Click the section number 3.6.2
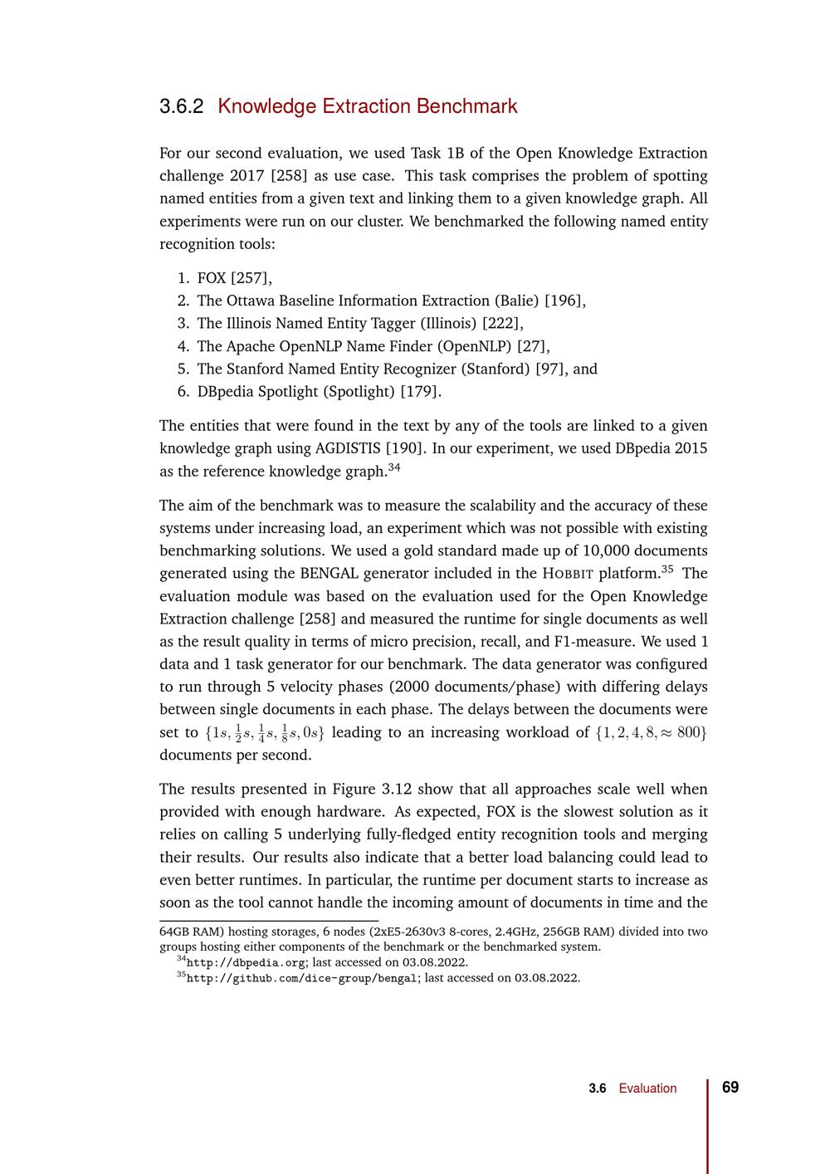coord(181,106)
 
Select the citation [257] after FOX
coord(251,278)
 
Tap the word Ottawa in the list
coord(250,301)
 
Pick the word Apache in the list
coord(250,346)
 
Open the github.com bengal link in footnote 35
coord(301,978)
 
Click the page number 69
coord(730,1088)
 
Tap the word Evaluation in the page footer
coord(647,1088)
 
